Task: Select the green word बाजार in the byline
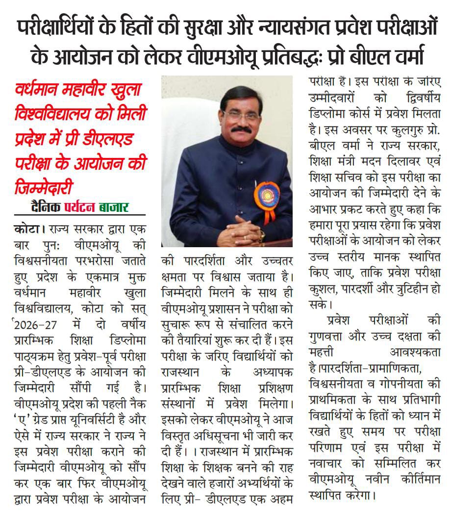[116, 207]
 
